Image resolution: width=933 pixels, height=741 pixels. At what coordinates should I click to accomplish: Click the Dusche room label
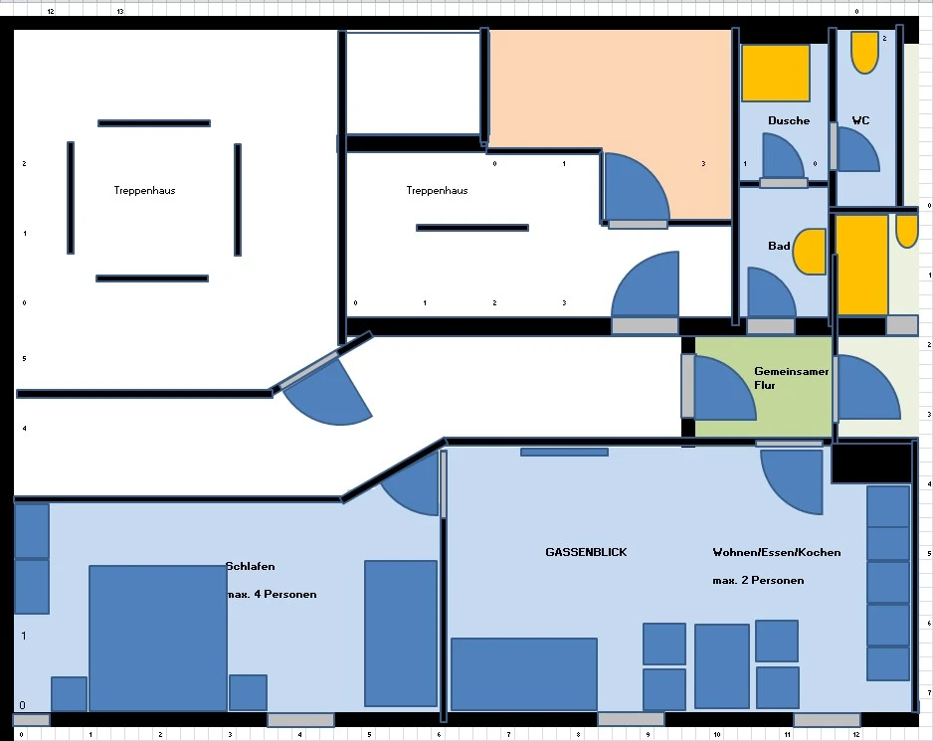789,120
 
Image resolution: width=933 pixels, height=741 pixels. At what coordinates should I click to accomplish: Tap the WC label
860,120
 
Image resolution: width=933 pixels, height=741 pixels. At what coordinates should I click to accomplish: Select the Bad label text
779,246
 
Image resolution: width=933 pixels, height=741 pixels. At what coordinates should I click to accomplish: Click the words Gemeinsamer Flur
791,378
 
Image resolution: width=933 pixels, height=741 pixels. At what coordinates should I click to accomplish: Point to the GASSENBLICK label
586,552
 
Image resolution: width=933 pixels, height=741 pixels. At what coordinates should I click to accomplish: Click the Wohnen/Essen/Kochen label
777,552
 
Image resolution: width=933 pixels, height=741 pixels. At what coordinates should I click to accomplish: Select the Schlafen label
251,566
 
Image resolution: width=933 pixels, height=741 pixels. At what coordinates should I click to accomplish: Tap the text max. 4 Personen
272,594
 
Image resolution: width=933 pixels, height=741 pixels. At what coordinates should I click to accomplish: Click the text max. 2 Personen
758,580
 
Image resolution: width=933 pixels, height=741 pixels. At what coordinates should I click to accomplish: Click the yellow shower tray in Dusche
775,73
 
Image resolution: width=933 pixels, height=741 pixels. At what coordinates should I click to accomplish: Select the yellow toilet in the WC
864,53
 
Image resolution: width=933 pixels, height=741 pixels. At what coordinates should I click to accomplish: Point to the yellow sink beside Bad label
811,252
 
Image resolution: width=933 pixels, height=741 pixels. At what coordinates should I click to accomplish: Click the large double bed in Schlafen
158,638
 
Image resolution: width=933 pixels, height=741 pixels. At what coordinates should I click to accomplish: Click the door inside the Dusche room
783,155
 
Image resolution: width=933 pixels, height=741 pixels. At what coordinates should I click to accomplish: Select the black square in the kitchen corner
871,463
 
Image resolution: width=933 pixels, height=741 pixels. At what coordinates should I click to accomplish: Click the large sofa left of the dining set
523,674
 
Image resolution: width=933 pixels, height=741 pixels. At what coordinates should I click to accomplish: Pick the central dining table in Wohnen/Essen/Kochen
722,666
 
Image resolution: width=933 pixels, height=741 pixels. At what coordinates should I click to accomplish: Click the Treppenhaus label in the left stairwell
144,190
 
